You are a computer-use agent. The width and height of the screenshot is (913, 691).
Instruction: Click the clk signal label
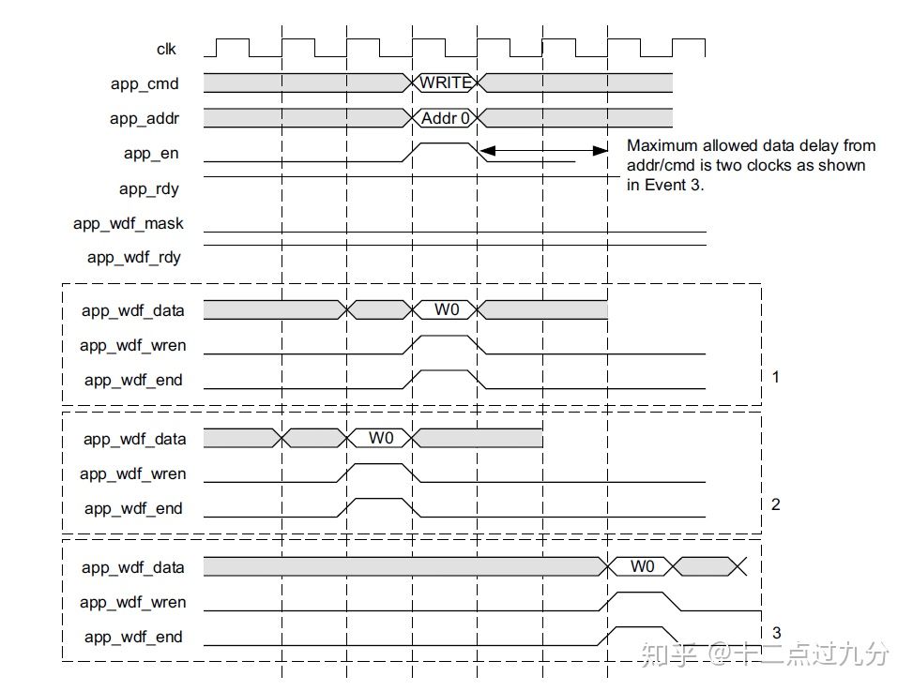point(166,49)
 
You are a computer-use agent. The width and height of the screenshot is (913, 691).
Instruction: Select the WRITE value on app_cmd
point(445,83)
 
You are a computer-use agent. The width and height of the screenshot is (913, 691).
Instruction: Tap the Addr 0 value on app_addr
point(445,118)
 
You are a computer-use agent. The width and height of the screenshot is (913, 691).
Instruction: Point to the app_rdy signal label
point(148,188)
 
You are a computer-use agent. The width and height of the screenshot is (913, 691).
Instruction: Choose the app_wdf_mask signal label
point(129,223)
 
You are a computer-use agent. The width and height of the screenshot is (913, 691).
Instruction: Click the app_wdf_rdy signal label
point(133,257)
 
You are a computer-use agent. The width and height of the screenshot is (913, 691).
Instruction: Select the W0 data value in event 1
point(447,309)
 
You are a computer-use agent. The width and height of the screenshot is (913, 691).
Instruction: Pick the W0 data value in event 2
point(381,438)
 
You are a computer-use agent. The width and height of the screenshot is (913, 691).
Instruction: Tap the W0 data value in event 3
point(642,566)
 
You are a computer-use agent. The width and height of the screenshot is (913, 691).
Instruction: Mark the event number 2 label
point(775,504)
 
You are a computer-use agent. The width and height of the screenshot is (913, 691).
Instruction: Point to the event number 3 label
point(775,633)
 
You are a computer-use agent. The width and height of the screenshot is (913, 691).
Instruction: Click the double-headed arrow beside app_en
point(544,150)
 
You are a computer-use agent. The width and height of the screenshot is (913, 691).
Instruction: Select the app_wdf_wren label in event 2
point(132,473)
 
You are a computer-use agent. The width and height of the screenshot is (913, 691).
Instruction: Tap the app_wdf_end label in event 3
point(132,638)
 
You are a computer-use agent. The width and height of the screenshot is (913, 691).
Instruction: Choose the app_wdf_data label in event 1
point(132,310)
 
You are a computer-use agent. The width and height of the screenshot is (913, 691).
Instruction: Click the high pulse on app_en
point(445,144)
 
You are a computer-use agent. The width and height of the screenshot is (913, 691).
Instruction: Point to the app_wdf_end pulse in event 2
point(379,501)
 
